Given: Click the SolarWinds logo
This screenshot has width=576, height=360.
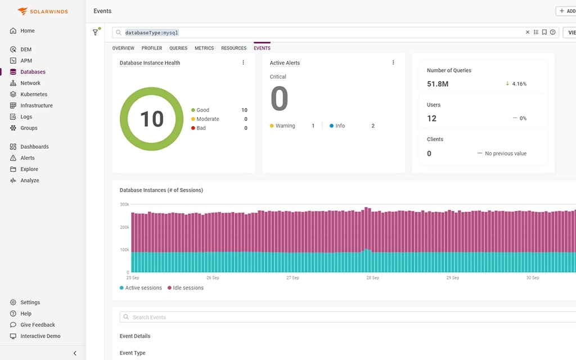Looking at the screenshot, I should pyautogui.click(x=43, y=11).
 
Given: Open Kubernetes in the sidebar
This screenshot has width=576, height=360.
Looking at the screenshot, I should pyautogui.click(x=34, y=94).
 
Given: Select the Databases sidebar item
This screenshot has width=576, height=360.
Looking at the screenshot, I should pyautogui.click(x=33, y=72).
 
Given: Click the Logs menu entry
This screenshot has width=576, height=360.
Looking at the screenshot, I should pyautogui.click(x=26, y=117).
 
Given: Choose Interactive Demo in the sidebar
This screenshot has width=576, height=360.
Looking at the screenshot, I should pyautogui.click(x=40, y=336).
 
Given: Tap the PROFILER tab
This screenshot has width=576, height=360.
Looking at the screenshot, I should pyautogui.click(x=152, y=48).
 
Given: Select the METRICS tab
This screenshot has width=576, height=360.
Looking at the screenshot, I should pyautogui.click(x=204, y=48).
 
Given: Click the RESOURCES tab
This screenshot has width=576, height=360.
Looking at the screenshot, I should pyautogui.click(x=233, y=48).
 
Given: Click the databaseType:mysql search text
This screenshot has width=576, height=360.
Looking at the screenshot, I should pyautogui.click(x=151, y=33).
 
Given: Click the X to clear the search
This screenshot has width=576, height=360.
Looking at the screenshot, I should pyautogui.click(x=528, y=33).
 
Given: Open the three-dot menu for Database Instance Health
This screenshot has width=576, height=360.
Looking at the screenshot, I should pyautogui.click(x=243, y=62).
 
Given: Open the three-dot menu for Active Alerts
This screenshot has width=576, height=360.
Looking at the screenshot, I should pyautogui.click(x=393, y=62).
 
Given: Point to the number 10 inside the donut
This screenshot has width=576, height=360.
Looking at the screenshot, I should pyautogui.click(x=151, y=119).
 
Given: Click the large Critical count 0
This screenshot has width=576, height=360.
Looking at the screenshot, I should pyautogui.click(x=279, y=99).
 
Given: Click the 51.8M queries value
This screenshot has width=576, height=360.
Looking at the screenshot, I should pyautogui.click(x=438, y=84).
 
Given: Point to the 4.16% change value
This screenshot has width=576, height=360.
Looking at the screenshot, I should pyautogui.click(x=519, y=84).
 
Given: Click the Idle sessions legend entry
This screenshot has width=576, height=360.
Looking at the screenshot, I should pyautogui.click(x=188, y=288).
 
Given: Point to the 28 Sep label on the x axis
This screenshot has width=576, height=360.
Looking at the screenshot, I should pyautogui.click(x=372, y=278).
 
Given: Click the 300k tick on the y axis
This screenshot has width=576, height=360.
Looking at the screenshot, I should pyautogui.click(x=124, y=204).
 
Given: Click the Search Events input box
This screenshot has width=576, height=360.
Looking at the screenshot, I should pyautogui.click(x=337, y=317).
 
